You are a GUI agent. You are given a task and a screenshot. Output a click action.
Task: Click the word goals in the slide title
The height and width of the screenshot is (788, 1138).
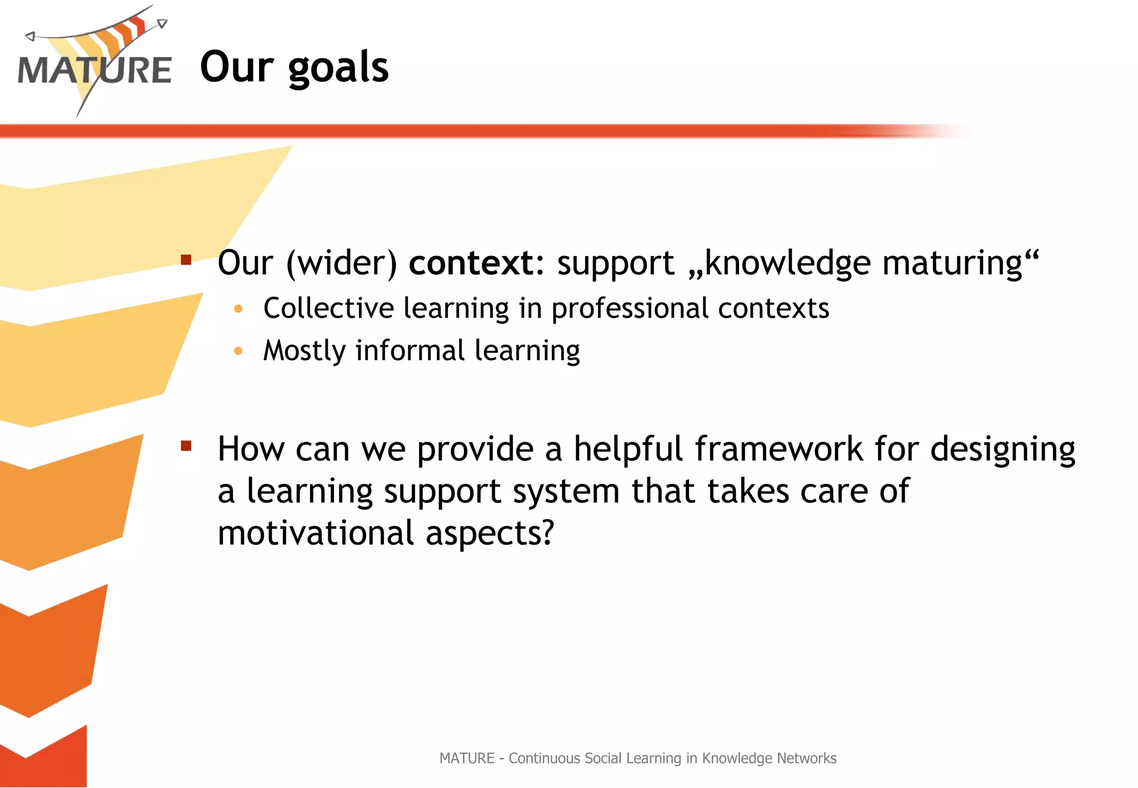click(x=338, y=68)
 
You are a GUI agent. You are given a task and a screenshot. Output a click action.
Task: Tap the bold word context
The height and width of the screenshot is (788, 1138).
click(x=471, y=263)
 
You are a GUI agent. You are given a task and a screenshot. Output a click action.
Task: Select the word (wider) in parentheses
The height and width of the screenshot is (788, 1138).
click(x=341, y=263)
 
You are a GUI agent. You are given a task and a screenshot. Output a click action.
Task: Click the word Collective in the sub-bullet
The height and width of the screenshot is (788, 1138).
click(x=328, y=308)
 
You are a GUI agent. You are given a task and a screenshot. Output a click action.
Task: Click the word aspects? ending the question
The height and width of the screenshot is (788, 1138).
click(x=490, y=533)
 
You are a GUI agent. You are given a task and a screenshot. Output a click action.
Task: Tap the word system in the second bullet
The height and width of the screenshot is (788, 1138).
click(x=566, y=492)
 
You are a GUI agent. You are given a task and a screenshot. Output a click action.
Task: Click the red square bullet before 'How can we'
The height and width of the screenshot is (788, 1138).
click(x=186, y=446)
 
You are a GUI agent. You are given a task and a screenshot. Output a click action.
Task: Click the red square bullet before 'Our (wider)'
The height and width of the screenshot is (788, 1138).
click(x=186, y=260)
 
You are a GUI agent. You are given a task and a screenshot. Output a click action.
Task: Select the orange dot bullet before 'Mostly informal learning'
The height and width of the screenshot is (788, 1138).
click(x=238, y=351)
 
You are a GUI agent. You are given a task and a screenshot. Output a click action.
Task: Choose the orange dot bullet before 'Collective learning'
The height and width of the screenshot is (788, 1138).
click(x=238, y=308)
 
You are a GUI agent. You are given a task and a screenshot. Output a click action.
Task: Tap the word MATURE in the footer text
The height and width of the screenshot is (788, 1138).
click(x=466, y=758)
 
